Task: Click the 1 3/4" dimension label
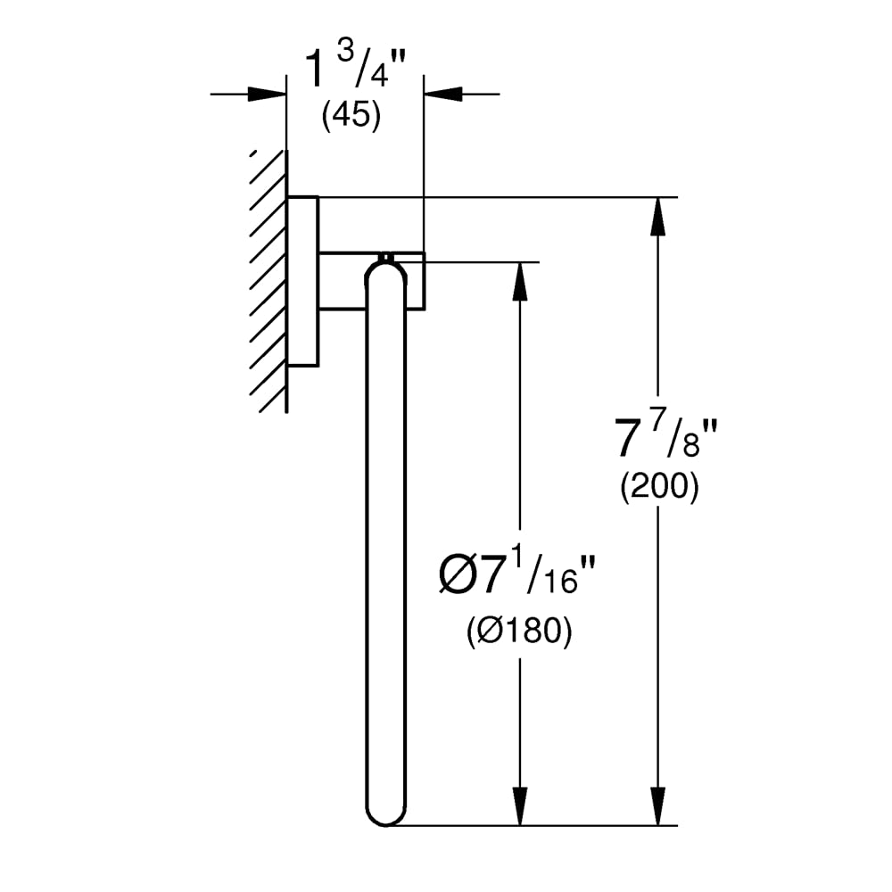tap(356, 68)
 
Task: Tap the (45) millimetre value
tap(351, 116)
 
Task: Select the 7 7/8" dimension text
tap(666, 437)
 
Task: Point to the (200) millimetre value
tap(659, 487)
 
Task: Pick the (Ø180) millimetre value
tap(519, 631)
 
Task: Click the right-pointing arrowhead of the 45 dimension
tap(267, 94)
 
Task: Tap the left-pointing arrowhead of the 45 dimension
tap(443, 94)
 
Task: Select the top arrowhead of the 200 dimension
tap(658, 216)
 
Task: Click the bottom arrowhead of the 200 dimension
tap(658, 806)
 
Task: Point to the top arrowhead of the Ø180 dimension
tap(519, 281)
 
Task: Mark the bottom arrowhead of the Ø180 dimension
tap(519, 806)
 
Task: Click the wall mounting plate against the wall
tap(302, 281)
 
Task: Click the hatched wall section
tap(268, 281)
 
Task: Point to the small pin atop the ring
tap(386, 257)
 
